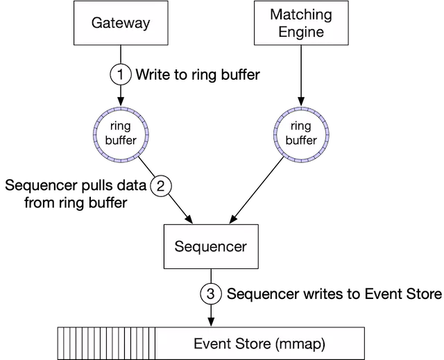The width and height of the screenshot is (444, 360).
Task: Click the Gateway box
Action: [121, 23]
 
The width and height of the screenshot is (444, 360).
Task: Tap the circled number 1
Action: [121, 74]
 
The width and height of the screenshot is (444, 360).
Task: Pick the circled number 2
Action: [160, 185]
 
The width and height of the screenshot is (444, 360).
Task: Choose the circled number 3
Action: [212, 294]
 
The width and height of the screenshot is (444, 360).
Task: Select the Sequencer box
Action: [210, 246]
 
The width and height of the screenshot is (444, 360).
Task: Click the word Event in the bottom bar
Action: [210, 343]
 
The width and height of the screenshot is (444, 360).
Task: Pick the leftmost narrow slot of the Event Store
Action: [60, 343]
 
